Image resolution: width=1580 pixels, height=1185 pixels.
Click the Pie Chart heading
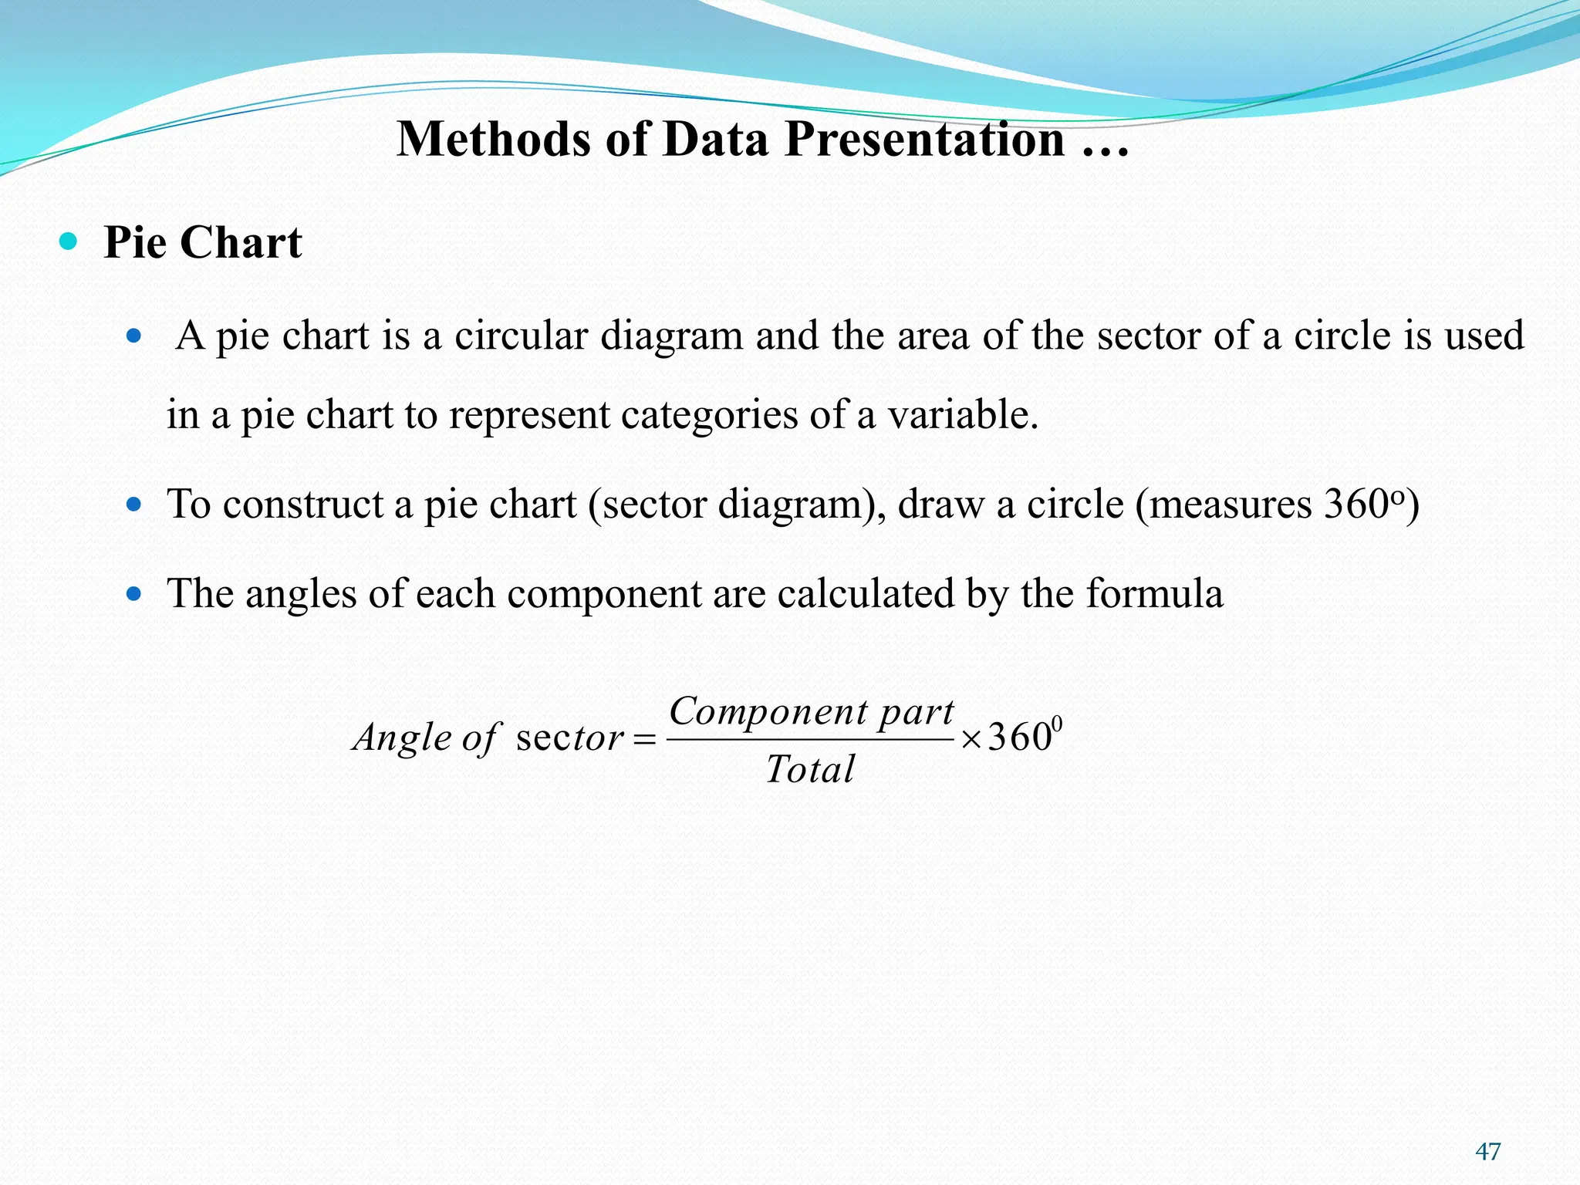tap(202, 243)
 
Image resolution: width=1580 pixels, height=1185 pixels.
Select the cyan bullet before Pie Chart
tap(69, 241)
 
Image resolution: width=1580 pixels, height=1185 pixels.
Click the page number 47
tap(1487, 1152)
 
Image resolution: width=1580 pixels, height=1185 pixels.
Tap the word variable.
tap(962, 415)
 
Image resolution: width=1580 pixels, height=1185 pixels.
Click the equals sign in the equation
tap(643, 739)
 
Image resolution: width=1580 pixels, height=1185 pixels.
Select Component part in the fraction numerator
tap(811, 711)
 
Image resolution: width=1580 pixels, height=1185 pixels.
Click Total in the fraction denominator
tap(810, 769)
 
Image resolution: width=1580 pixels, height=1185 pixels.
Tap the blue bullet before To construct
tap(134, 505)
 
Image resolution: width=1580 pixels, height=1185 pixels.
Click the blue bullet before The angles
tap(134, 594)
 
